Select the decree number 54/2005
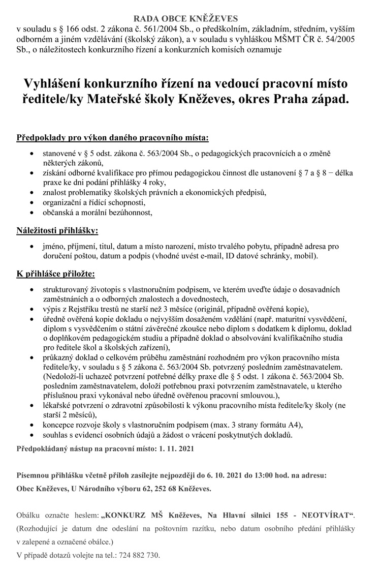point(345,40)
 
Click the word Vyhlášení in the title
point(56,82)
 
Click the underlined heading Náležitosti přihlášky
point(58,231)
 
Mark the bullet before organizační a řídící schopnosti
point(33,202)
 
